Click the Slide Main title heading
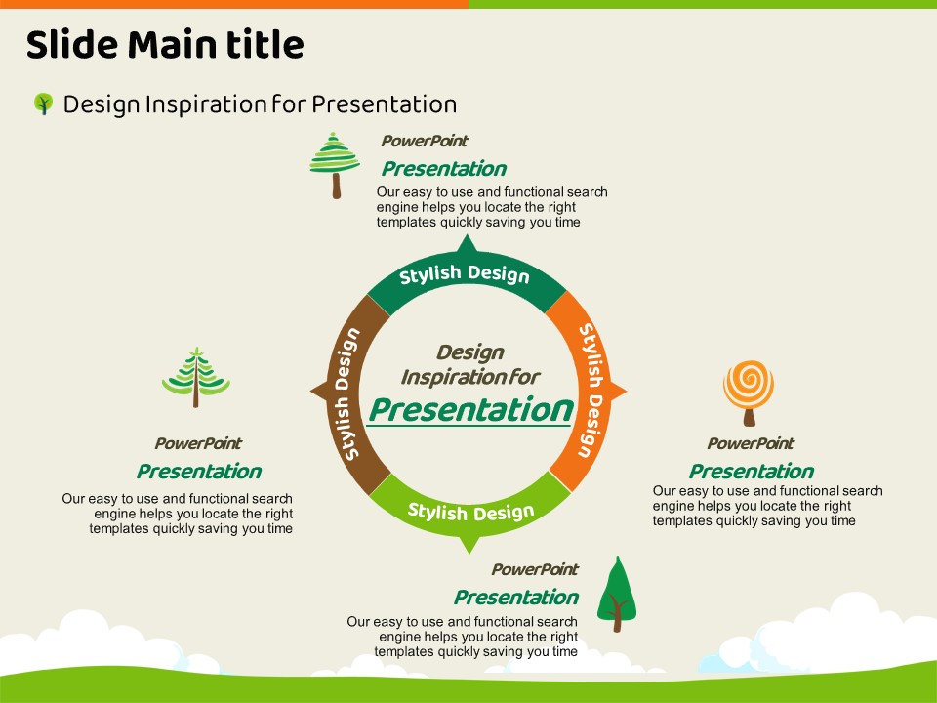tap(164, 45)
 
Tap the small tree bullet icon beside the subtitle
tap(43, 103)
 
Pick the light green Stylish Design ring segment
tap(470, 511)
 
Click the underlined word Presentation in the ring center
tap(469, 409)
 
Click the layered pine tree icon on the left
tap(196, 377)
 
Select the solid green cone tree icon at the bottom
tap(616, 594)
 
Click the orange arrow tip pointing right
tap(619, 392)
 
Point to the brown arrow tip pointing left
tap(316, 392)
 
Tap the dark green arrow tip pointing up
tap(467, 244)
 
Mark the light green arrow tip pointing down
tap(469, 543)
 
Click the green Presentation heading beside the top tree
tap(443, 169)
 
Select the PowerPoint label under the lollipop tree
tap(750, 444)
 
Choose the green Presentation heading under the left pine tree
tap(198, 472)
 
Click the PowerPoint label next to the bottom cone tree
tap(534, 569)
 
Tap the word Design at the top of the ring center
tap(469, 352)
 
